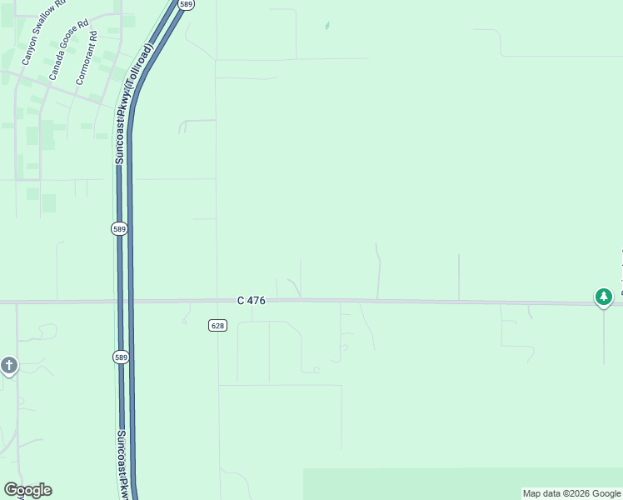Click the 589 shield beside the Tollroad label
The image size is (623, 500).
(x=187, y=4)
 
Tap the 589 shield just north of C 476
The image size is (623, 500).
(x=120, y=228)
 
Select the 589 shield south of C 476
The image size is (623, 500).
(x=121, y=357)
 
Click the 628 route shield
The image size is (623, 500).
(x=217, y=325)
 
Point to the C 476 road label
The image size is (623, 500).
(x=251, y=300)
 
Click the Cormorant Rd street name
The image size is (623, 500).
(x=87, y=58)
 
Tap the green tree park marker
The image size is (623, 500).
(x=604, y=297)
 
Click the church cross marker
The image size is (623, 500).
(x=9, y=365)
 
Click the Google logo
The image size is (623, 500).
(x=27, y=490)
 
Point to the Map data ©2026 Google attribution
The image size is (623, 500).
(x=571, y=493)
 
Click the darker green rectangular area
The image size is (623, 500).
(x=462, y=483)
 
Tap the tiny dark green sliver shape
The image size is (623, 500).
(x=326, y=26)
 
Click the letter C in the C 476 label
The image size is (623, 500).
(x=240, y=300)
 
